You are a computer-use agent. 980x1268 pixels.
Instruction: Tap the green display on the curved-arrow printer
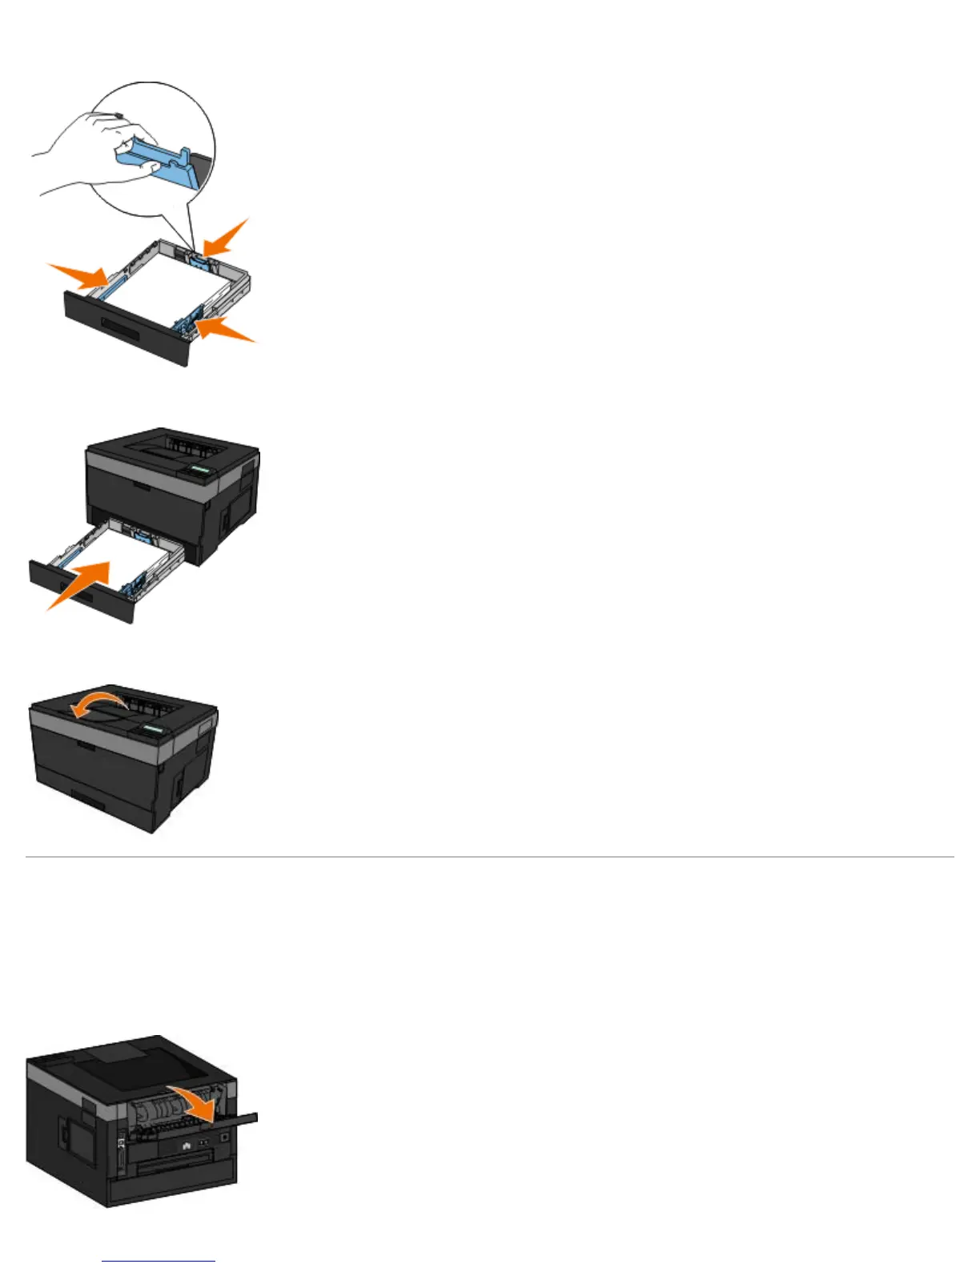coord(153,730)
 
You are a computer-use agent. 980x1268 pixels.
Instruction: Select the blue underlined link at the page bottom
coord(159,1261)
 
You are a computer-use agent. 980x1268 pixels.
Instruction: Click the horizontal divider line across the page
coord(490,857)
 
